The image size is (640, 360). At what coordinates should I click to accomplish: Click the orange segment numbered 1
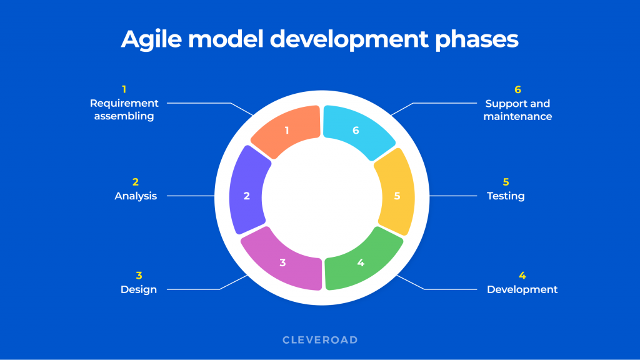coord(287,131)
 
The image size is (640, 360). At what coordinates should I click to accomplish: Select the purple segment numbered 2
coord(247,196)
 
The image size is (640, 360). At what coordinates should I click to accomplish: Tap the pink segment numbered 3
coord(282,262)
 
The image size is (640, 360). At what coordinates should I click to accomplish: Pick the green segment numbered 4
coord(361,262)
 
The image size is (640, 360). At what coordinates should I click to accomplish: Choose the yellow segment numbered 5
coord(396,196)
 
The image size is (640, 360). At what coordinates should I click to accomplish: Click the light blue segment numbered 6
coord(356,131)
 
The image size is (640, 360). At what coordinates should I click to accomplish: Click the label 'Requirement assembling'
coord(124,109)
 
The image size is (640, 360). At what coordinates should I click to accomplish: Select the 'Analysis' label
coord(136,196)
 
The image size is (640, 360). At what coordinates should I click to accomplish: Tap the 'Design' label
coord(139,289)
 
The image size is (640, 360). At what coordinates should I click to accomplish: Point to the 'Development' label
coord(522,289)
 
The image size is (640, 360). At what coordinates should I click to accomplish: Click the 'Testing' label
coord(506,196)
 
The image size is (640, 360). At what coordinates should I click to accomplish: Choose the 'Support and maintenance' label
coord(517,109)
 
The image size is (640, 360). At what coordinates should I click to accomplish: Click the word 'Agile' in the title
coord(152,39)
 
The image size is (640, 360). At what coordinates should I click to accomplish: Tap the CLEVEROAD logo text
coord(320,340)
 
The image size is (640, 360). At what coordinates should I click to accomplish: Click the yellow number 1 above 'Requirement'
coord(124,89)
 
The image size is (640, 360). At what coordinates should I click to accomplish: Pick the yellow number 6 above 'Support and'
coord(517,89)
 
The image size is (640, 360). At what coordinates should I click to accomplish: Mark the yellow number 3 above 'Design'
coord(139,275)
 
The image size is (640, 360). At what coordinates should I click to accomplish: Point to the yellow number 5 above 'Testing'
coord(506,182)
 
